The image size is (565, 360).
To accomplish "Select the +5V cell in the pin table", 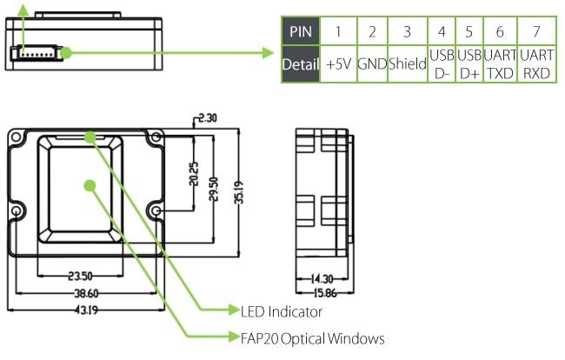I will [x=337, y=64].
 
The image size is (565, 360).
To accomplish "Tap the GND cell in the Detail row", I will [x=371, y=64].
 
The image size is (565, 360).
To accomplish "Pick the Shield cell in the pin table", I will [x=407, y=64].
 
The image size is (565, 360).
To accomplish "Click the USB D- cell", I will [x=442, y=64].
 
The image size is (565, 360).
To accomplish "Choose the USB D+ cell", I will [x=469, y=64].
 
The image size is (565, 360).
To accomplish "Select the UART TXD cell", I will [x=500, y=64].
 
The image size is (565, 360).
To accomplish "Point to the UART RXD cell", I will [x=536, y=64].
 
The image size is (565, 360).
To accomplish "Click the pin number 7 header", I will [x=536, y=32].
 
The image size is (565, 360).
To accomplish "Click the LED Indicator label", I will [x=281, y=310].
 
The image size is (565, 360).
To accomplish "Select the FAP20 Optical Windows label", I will [x=312, y=338].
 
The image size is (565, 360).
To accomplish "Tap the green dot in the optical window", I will [x=88, y=183].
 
